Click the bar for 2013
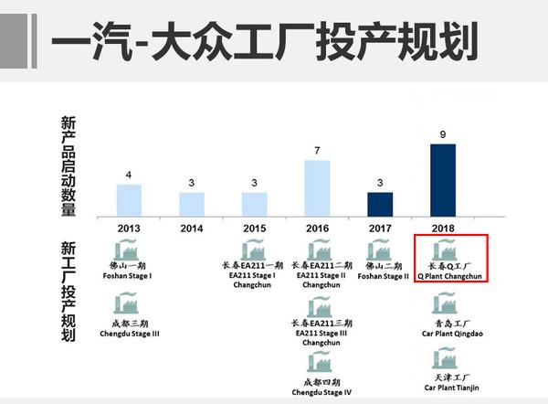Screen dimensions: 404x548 (x=129, y=199)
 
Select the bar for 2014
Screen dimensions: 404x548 (x=192, y=203)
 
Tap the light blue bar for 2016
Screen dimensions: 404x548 (x=317, y=187)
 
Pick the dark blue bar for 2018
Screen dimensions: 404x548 (x=443, y=178)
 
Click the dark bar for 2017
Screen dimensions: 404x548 (x=380, y=203)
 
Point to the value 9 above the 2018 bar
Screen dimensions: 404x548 (x=443, y=135)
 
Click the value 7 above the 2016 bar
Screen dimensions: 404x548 (x=317, y=151)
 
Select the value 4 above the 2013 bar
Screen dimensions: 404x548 (x=129, y=175)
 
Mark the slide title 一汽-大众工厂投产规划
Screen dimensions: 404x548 (x=265, y=42)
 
